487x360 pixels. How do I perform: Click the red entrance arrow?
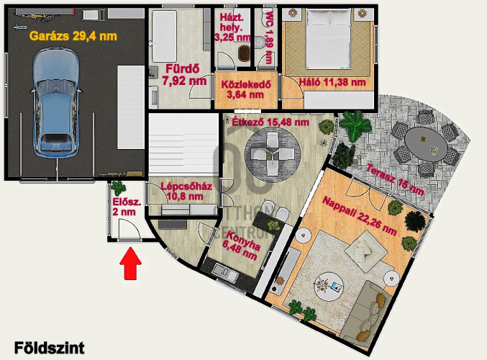131,263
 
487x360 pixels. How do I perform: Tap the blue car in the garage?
56,102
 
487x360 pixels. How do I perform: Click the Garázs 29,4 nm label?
73,36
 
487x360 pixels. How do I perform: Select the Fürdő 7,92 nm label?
184,75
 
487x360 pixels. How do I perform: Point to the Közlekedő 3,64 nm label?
246,89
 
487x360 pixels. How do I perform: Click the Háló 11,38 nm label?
332,82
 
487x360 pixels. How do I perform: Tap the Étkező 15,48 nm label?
270,122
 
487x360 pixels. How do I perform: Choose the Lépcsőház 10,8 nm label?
186,192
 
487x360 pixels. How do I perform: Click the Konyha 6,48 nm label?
242,246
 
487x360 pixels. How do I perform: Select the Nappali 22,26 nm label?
360,215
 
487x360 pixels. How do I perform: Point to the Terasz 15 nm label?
395,180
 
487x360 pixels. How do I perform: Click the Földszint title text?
50,348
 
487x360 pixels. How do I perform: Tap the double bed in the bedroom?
328,38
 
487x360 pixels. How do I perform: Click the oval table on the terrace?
426,144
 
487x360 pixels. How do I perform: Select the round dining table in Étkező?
273,154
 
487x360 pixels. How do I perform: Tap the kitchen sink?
225,273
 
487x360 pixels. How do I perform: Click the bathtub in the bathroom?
164,36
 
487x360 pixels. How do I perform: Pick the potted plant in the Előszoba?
119,188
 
